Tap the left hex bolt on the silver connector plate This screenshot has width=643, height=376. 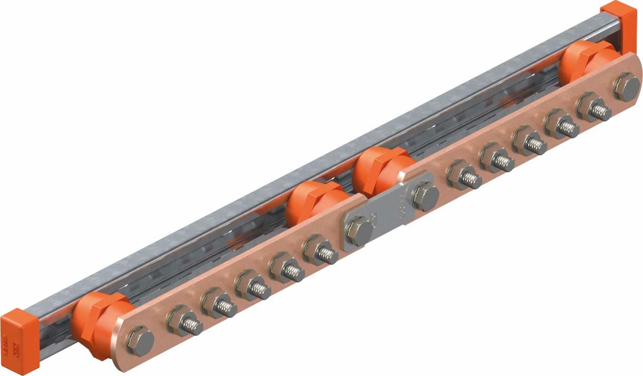[360, 231]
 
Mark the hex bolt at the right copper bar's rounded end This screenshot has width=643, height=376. [627, 85]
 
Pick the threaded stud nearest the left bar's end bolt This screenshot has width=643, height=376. [187, 324]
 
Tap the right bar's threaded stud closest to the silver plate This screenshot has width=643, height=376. [466, 178]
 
